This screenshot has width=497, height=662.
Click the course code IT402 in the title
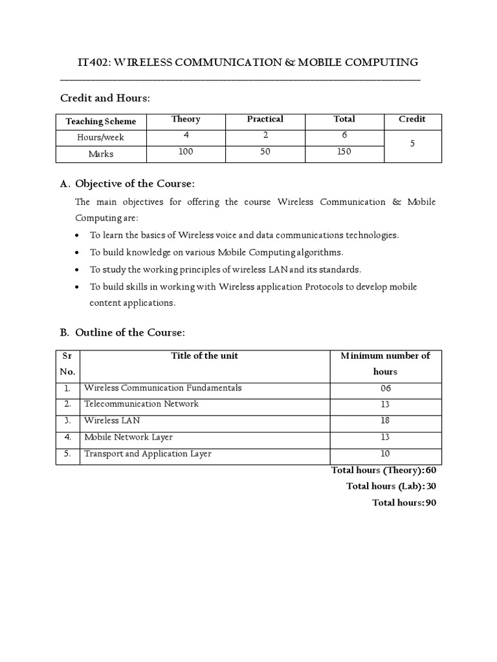pos(93,62)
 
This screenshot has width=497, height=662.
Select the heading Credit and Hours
pos(105,98)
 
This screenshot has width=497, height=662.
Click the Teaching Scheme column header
pos(101,122)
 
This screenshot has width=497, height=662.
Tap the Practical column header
pos(265,119)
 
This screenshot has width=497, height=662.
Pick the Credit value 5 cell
pos(412,145)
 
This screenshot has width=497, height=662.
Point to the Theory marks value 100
pos(186,151)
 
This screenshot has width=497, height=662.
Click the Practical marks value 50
pos(265,151)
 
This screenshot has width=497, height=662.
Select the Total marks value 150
pos(344,151)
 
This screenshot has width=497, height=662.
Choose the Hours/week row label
pos(101,138)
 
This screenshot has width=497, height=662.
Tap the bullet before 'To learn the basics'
pos(78,236)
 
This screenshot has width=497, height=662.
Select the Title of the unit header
pos(204,356)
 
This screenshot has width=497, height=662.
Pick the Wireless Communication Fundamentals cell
pos(163,388)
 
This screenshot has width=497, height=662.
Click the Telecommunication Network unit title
pos(141,404)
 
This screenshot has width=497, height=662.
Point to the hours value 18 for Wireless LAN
pos(386,421)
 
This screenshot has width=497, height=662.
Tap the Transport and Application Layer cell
pos(148,454)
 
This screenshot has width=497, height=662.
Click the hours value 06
pos(386,389)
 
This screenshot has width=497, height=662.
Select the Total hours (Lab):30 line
pos(391,486)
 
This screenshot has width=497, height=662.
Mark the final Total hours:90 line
pos(404,502)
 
